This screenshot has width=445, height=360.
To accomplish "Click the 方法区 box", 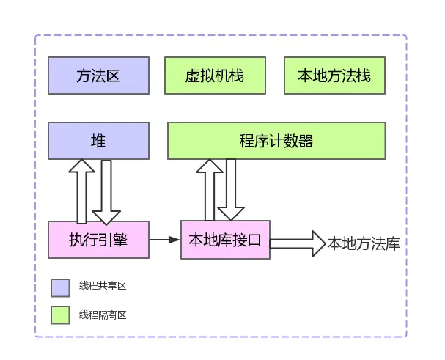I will click(98, 76).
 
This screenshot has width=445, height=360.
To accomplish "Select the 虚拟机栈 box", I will click(215, 76).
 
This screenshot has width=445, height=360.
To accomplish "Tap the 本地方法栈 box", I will click(334, 76).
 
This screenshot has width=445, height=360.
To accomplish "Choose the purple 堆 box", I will click(98, 141).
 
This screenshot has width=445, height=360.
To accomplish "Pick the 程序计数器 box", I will click(276, 141).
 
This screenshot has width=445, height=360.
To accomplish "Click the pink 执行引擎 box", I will click(98, 240).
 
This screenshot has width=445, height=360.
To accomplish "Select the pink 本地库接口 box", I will click(225, 240).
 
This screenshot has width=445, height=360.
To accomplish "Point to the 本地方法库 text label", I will click(364, 243).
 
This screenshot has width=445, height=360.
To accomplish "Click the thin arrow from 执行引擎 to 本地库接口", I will click(165, 240).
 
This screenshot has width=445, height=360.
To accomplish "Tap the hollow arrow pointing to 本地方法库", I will click(298, 243).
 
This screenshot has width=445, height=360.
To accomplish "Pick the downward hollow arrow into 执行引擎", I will click(107, 192).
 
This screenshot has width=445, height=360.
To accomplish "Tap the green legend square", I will click(60, 315).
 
